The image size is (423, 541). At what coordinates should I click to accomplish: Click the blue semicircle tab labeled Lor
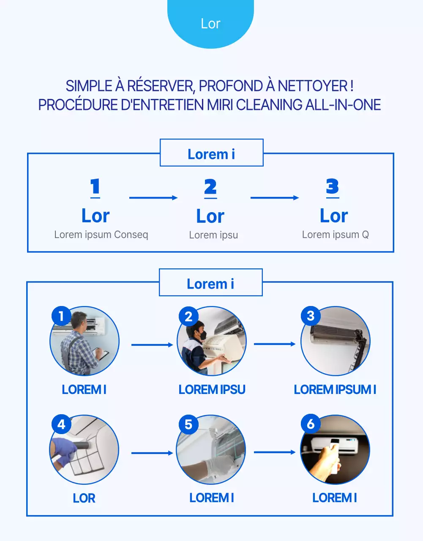coord(210,23)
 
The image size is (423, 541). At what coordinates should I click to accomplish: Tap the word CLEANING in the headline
coord(269,105)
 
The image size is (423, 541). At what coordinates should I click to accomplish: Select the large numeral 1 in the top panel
coord(95,187)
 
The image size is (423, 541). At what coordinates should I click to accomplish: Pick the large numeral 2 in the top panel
coord(210,187)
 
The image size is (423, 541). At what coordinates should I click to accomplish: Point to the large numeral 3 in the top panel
coord(332,186)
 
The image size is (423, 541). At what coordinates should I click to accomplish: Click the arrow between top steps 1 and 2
coord(153,197)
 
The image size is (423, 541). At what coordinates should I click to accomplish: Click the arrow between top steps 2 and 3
coord(274,197)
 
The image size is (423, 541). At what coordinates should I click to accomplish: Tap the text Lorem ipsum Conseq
coord(101,235)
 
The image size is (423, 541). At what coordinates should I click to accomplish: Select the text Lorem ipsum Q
coord(335,235)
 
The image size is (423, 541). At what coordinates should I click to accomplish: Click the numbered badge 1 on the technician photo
coord(61,316)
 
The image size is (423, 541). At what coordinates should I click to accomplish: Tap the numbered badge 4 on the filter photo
coord(61,424)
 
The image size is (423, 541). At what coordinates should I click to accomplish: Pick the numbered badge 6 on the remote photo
coord(311,424)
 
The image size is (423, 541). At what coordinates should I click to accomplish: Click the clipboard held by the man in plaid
coord(102,354)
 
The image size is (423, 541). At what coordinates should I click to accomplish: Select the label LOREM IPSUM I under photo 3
coord(335,389)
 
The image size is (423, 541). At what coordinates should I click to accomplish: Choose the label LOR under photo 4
coord(84,498)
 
